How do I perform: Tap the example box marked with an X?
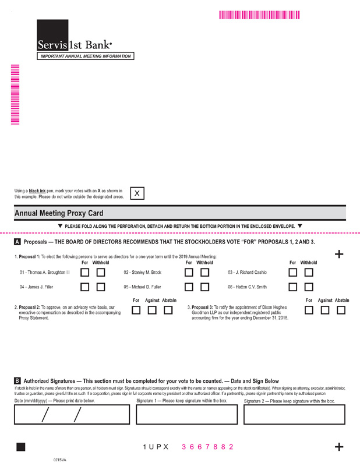pyautogui.click(x=137, y=193)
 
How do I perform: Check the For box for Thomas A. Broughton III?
pyautogui.click(x=85, y=272)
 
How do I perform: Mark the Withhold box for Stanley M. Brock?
pyautogui.click(x=205, y=272)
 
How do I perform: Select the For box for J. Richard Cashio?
pyautogui.click(x=293, y=272)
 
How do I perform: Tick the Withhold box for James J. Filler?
pyautogui.click(x=101, y=287)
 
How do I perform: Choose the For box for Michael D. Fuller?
pyautogui.click(x=189, y=287)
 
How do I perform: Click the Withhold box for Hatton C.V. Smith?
pyautogui.click(x=309, y=287)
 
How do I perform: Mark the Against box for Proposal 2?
pyautogui.click(x=152, y=310)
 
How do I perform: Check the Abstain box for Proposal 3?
pyautogui.click(x=341, y=310)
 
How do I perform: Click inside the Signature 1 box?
pyautogui.click(x=186, y=414)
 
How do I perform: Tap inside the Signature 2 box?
pyautogui.click(x=294, y=414)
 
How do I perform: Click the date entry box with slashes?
pyautogui.click(x=72, y=414)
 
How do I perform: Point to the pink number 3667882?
pyautogui.click(x=207, y=447)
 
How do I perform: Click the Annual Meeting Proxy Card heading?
pyautogui.click(x=58, y=214)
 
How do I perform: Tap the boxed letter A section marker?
pyautogui.click(x=17, y=242)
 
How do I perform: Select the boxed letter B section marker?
pyautogui.click(x=17, y=381)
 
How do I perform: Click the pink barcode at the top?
pyautogui.click(x=259, y=15)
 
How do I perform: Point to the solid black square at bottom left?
pyautogui.click(x=21, y=447)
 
